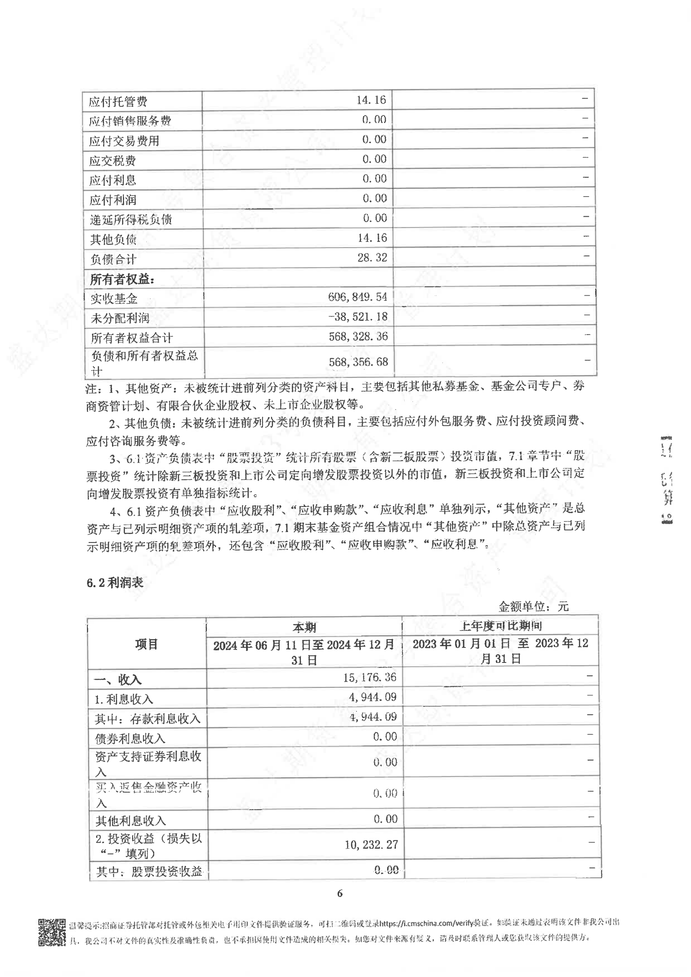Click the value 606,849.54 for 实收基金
(357, 297)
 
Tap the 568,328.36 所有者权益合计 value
(358, 337)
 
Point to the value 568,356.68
(358, 362)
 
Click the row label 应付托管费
(118, 102)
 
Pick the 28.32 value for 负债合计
(372, 258)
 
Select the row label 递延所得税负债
(130, 220)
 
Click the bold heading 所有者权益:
(122, 279)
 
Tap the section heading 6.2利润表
(115, 583)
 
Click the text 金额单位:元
(533, 606)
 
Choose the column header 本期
(304, 627)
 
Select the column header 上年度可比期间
(500, 626)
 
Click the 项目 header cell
(146, 644)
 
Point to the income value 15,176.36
(370, 677)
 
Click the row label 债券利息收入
(130, 738)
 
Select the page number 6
(339, 893)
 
